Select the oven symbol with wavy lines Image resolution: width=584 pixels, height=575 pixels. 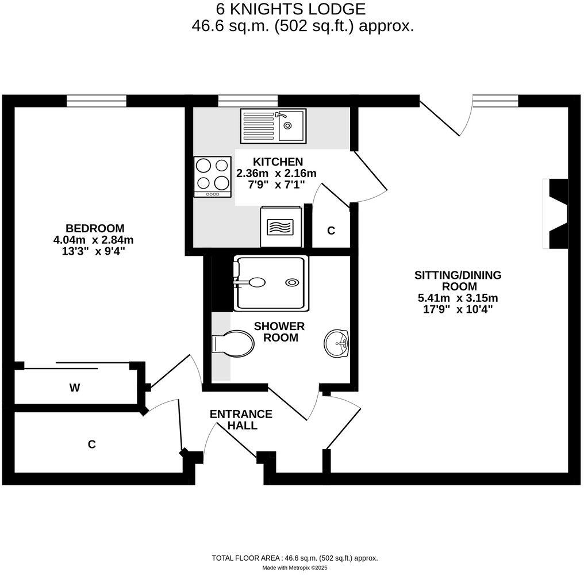click(x=281, y=226)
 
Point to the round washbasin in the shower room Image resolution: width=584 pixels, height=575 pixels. click(x=336, y=344)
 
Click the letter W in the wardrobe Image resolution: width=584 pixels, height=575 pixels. click(x=74, y=388)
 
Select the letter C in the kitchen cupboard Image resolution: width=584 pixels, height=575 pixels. click(x=331, y=231)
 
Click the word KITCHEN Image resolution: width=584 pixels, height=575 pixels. click(x=276, y=162)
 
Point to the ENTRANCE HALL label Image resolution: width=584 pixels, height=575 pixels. click(x=241, y=420)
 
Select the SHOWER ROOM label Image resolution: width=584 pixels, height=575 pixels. click(x=281, y=332)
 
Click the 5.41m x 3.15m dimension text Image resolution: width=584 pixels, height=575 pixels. click(x=458, y=298)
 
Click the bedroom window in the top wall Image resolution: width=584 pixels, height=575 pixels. click(x=96, y=101)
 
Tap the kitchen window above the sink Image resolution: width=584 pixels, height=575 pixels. click(x=248, y=101)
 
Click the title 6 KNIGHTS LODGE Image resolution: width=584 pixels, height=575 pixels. click(x=290, y=9)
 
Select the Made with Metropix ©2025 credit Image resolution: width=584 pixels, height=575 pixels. click(x=294, y=568)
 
